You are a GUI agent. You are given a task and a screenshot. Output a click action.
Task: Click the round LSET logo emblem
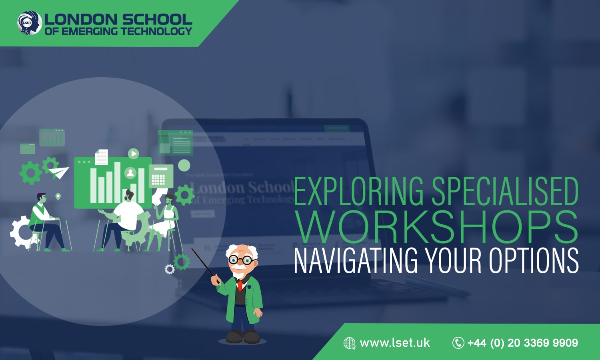pos(30,22)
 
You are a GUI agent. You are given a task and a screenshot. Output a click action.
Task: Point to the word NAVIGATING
pos(356,261)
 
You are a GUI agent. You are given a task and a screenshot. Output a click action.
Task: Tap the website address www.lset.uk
pos(394,343)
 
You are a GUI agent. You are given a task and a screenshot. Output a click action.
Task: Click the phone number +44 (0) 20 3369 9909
pos(522,343)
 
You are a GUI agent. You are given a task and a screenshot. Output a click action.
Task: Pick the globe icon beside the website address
pos(349,343)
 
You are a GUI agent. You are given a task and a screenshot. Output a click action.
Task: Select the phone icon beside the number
pos(458,343)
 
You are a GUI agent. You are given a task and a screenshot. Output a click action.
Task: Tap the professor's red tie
pos(240,285)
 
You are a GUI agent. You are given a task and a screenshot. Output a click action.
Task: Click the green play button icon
pos(133,153)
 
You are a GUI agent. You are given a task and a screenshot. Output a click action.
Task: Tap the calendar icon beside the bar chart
pos(161,176)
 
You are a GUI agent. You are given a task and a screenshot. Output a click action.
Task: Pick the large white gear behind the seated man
pos(22,232)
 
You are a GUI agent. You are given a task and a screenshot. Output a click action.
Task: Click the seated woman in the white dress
pos(166,218)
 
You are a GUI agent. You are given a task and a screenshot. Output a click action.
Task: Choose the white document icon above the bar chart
pos(101,157)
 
